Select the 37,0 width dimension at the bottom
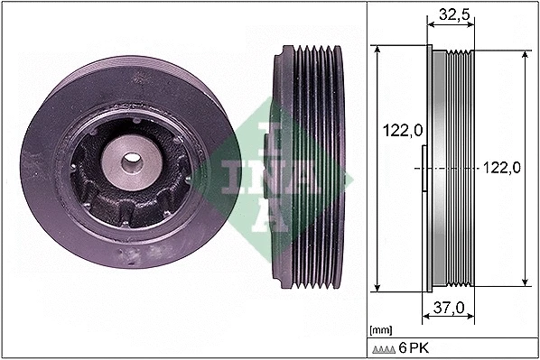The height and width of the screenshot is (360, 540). pyautogui.click(x=449, y=307)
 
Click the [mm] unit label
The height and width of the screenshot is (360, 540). pyautogui.click(x=380, y=328)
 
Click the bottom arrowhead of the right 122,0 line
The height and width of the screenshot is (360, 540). pyautogui.click(x=525, y=283)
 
